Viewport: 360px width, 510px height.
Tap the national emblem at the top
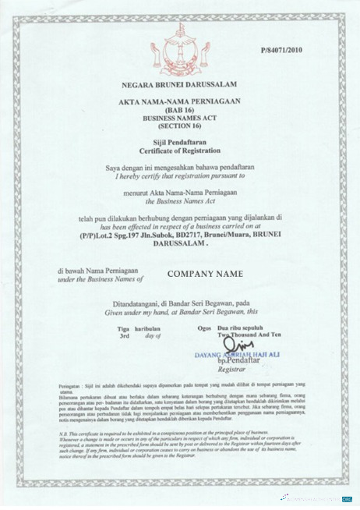[x=180, y=43]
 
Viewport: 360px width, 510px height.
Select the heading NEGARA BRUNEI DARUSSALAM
[x=180, y=82]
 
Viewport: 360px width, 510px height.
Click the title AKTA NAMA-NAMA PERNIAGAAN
[x=180, y=102]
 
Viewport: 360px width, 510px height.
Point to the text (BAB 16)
[x=180, y=110]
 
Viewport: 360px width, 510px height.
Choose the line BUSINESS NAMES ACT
[x=180, y=118]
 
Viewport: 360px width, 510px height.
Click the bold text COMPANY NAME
[x=205, y=274]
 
